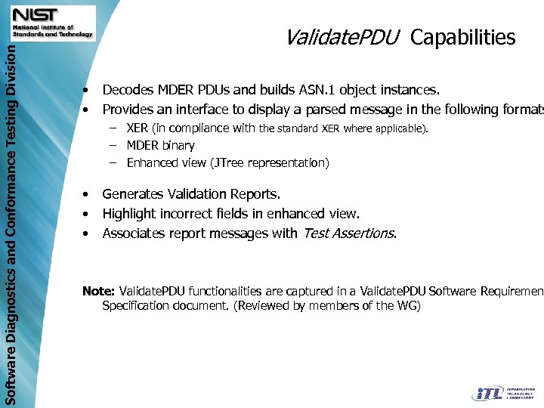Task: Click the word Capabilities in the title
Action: [463, 38]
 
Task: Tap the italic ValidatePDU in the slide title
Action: [342, 38]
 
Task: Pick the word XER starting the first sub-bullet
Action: [138, 128]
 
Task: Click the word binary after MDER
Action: [178, 145]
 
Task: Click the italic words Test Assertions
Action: [348, 233]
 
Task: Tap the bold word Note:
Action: [98, 291]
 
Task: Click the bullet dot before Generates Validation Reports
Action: [88, 196]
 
